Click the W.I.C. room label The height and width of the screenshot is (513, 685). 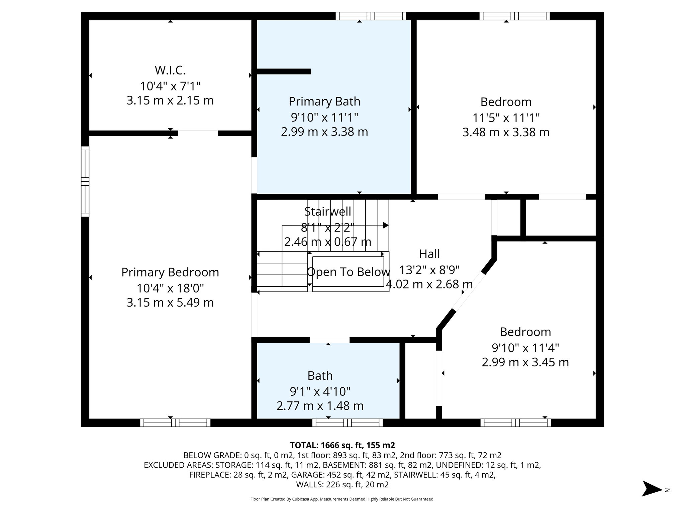(x=170, y=70)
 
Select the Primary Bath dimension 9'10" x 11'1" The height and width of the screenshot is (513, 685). (x=324, y=117)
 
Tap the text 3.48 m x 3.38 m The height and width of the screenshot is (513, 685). (x=506, y=132)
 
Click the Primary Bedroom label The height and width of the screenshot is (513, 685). (x=170, y=272)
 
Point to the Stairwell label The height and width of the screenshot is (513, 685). (x=327, y=211)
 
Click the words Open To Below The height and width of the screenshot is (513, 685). (x=348, y=272)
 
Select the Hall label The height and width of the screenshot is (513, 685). (x=429, y=254)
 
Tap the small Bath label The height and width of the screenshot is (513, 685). (x=320, y=376)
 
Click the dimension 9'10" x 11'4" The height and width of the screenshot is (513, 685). (x=525, y=348)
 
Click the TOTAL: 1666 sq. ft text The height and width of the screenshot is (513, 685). (x=342, y=445)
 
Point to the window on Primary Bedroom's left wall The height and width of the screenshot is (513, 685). (x=85, y=181)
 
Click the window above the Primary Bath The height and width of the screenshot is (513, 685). (x=371, y=16)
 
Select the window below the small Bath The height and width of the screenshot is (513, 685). (x=348, y=423)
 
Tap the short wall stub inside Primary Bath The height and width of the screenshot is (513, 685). (x=284, y=71)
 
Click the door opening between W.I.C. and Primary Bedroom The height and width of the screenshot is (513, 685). (x=198, y=133)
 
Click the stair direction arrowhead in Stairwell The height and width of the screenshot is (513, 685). (x=386, y=225)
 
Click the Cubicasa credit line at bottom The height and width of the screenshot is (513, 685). (x=342, y=499)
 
